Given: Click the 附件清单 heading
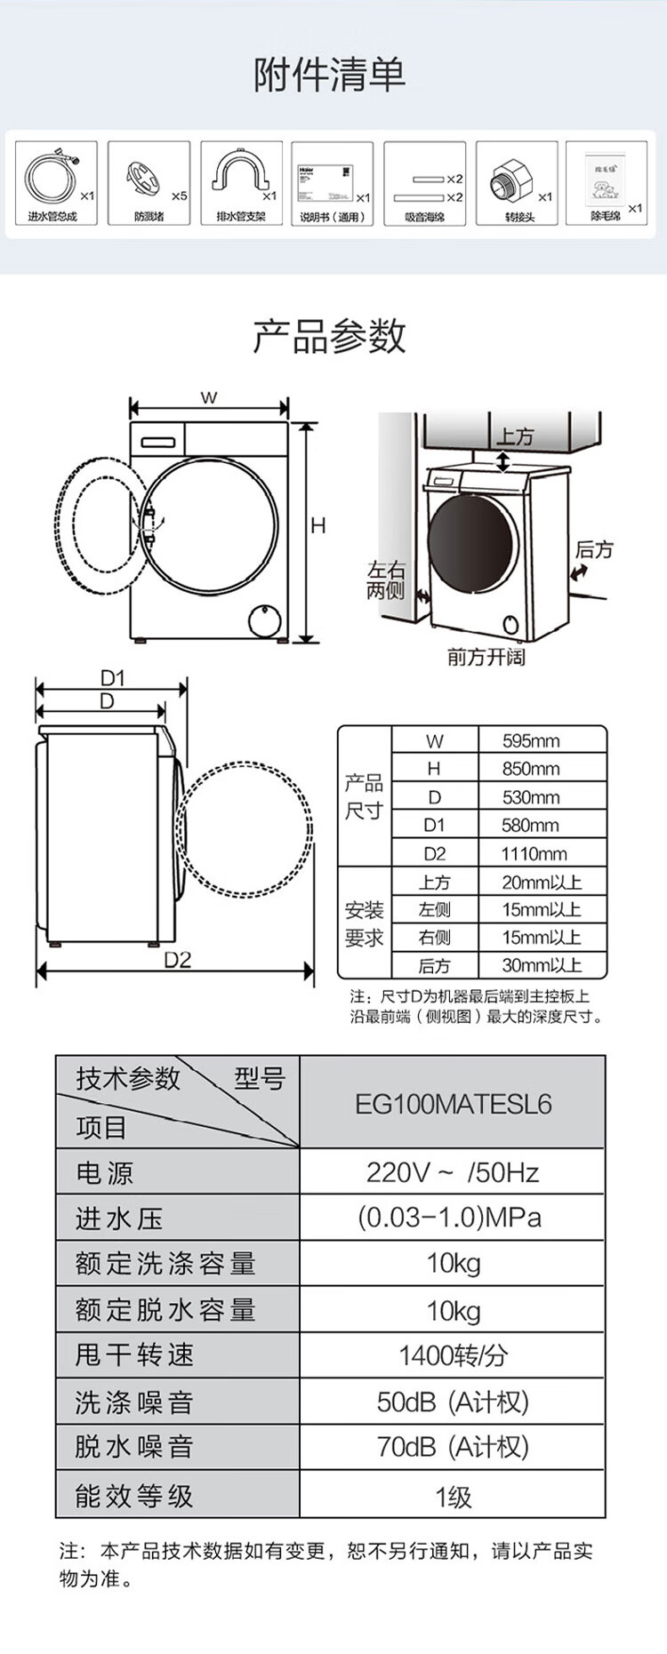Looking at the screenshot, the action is [330, 75].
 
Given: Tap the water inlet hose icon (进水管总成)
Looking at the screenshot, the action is [52, 177].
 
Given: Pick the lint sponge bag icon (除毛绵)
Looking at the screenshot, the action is [606, 179].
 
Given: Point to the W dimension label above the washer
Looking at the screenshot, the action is [209, 397].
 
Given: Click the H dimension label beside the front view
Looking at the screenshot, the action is [318, 525].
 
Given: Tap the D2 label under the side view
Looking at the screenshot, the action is [177, 960].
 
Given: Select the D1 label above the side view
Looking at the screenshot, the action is [112, 678].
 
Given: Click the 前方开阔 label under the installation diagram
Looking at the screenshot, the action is [486, 657].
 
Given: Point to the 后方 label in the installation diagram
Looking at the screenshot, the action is [593, 550].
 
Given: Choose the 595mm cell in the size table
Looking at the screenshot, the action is [531, 740].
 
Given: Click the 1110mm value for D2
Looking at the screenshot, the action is [534, 854].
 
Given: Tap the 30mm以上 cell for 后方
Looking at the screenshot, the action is [541, 966].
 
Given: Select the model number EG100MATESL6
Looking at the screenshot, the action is [453, 1104].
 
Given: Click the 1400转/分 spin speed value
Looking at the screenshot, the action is [453, 1355].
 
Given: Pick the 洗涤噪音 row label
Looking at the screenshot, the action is [134, 1402].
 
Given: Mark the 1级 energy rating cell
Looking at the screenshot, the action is [453, 1497].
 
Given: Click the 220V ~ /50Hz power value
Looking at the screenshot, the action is [453, 1172].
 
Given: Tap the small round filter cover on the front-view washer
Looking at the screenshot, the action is [264, 620].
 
